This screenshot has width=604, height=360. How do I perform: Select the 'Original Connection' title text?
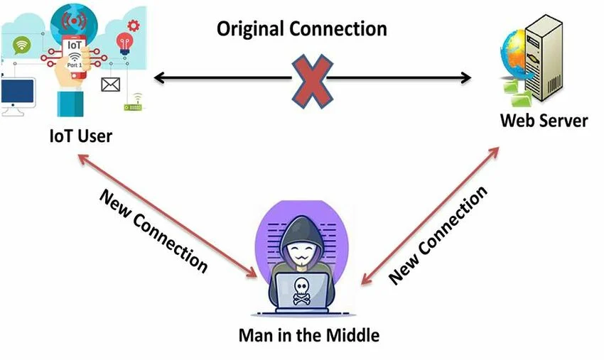pyautogui.click(x=302, y=29)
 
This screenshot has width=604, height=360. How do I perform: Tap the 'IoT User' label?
pyautogui.click(x=80, y=135)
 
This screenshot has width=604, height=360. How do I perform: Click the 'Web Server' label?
pyautogui.click(x=544, y=120)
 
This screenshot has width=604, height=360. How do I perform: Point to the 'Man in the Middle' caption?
pyautogui.click(x=309, y=334)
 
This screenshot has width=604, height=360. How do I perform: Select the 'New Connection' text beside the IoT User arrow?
pyautogui.click(x=153, y=230)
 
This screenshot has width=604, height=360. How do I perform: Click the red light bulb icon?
pyautogui.click(x=125, y=42)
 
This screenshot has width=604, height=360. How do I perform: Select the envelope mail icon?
pyautogui.click(x=110, y=85)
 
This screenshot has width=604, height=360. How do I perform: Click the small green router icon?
pyautogui.click(x=133, y=106)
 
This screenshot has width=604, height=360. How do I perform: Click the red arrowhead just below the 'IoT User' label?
pyautogui.click(x=81, y=160)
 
